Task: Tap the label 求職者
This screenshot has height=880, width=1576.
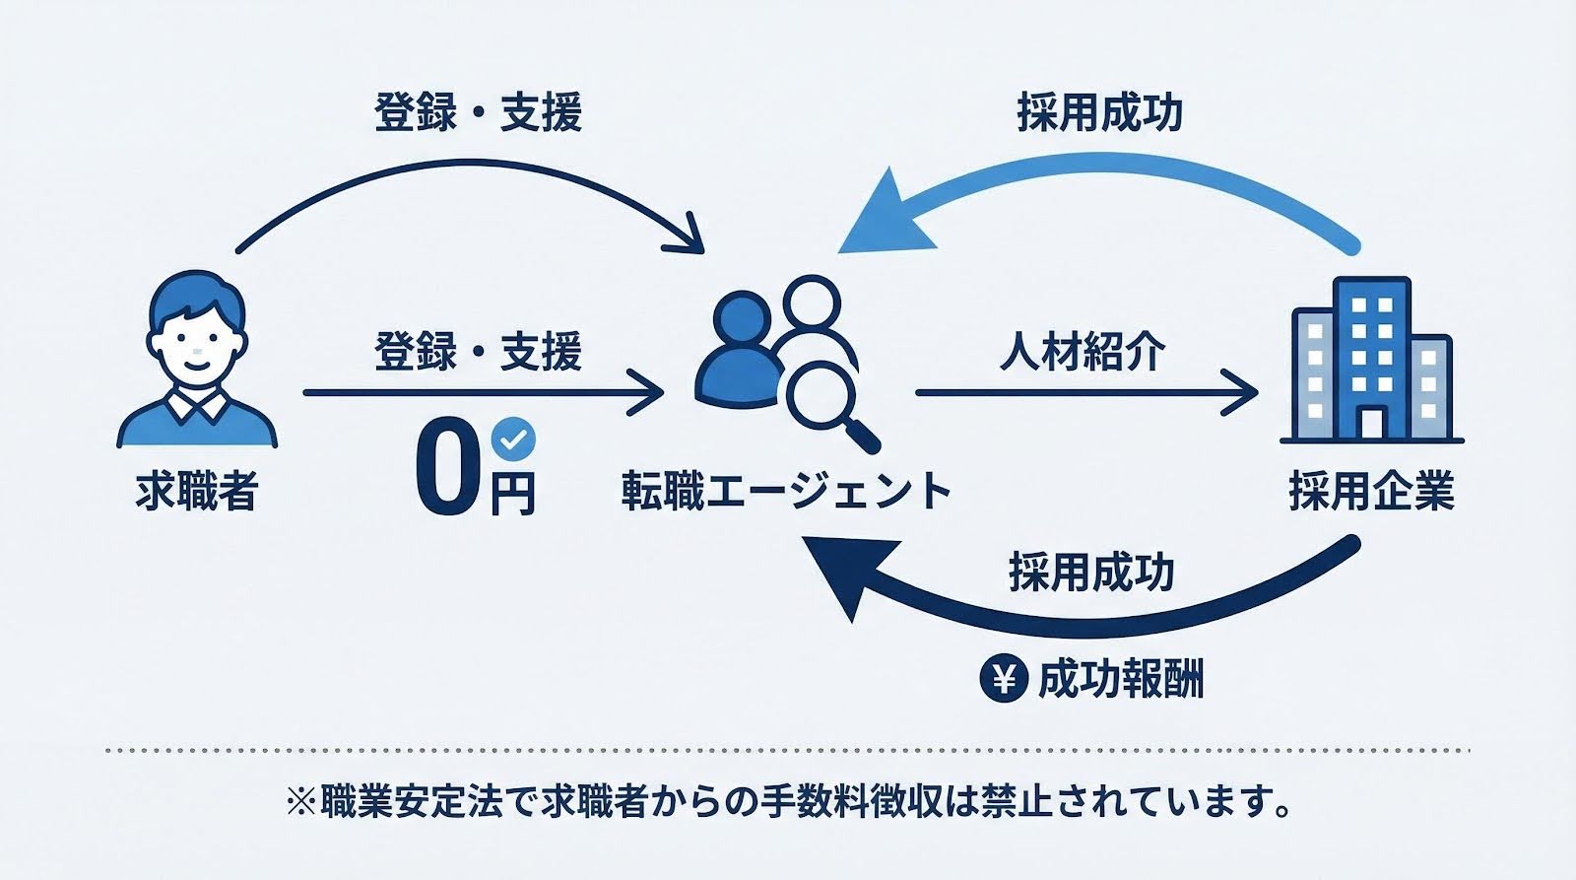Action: coord(197,491)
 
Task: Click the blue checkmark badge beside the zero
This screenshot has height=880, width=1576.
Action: coord(513,438)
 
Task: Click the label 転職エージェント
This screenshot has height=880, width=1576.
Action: coord(785,491)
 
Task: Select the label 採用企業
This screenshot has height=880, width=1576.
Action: coord(1372,491)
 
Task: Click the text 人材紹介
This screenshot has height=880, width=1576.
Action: coord(1083,352)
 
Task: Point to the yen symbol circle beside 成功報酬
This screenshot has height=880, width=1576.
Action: coord(1005,679)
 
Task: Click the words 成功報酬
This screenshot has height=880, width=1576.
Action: coord(1121,680)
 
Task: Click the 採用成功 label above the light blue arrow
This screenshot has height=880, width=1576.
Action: coord(1099,113)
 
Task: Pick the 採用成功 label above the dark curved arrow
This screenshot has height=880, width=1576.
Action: coord(1091,572)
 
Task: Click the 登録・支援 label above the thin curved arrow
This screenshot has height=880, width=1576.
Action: coord(479,112)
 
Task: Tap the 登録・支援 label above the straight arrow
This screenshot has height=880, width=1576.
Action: coord(479,352)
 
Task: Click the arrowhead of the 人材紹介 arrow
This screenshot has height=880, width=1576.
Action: coord(1246,393)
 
